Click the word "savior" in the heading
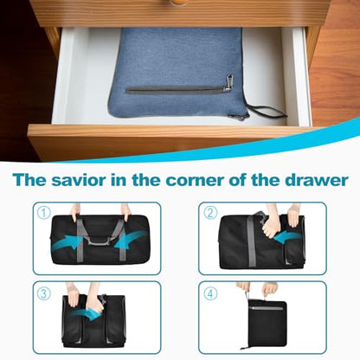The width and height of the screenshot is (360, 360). (x=78, y=180)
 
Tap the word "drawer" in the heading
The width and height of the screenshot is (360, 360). (x=317, y=180)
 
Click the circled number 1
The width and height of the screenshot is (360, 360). (x=44, y=213)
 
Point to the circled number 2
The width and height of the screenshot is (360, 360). (x=210, y=213)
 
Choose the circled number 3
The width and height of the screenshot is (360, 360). (x=44, y=294)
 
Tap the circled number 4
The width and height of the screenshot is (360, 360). (x=210, y=294)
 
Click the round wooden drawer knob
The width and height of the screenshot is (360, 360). (x=179, y=3)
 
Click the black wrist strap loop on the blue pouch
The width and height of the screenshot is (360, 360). (x=267, y=111)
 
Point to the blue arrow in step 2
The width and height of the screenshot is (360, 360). (x=287, y=236)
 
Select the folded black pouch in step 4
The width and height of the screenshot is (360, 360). (x=267, y=323)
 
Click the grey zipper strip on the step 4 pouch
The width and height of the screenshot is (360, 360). (x=267, y=308)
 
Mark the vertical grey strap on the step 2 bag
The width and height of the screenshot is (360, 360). (x=251, y=241)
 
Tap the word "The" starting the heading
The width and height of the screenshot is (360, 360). (x=29, y=180)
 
